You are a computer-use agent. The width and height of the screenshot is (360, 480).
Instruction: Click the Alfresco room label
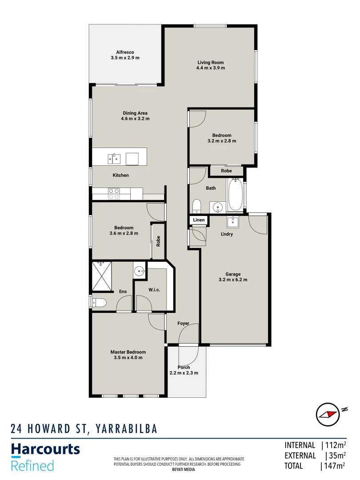point(125,52)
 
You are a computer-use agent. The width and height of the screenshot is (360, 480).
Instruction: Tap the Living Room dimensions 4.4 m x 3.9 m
point(211,68)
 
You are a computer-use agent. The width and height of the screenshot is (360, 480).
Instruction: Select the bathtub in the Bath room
point(236,195)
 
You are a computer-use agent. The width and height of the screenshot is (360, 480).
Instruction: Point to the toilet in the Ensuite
point(99,303)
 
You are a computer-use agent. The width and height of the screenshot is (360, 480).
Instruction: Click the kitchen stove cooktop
point(114,194)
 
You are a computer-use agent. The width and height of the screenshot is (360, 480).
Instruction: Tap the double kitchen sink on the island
point(114,158)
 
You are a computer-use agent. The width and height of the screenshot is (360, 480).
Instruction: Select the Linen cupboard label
point(199,220)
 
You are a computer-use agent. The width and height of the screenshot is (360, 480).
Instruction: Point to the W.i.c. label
point(154,290)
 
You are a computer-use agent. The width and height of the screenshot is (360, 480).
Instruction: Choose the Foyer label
point(183,324)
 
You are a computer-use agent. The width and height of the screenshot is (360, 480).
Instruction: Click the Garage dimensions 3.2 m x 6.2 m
point(233,280)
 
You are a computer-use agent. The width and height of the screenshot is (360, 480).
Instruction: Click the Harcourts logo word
point(45,450)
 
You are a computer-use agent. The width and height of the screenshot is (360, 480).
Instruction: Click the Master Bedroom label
point(128,352)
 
